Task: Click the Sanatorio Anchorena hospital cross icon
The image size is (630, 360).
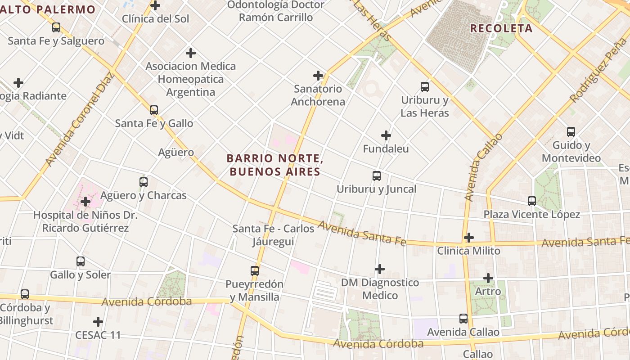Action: pyautogui.click(x=318, y=76)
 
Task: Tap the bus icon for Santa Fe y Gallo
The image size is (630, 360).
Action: pyautogui.click(x=154, y=110)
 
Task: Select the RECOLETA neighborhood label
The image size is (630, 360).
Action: pyautogui.click(x=501, y=28)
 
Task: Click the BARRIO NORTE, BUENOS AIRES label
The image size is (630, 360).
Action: pyautogui.click(x=275, y=165)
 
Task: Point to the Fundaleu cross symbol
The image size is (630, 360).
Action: pyautogui.click(x=386, y=135)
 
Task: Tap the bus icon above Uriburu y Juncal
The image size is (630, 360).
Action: pyautogui.click(x=377, y=176)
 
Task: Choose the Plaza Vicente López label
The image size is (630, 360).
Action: pyautogui.click(x=531, y=214)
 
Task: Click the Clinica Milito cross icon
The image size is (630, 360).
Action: pyautogui.click(x=469, y=237)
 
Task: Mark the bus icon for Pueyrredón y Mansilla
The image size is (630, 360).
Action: pyautogui.click(x=255, y=271)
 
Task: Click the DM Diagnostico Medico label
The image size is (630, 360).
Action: pyautogui.click(x=380, y=289)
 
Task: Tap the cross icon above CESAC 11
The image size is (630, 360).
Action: pyautogui.click(x=98, y=322)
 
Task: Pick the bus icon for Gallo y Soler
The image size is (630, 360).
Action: pyautogui.click(x=81, y=261)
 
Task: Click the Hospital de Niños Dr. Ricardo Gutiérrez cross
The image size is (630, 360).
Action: pyautogui.click(x=85, y=202)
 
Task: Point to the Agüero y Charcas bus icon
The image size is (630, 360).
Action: pyautogui.click(x=144, y=182)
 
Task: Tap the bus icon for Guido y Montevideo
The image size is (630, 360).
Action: pyautogui.click(x=571, y=132)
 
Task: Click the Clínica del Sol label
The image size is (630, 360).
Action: pyautogui.click(x=156, y=19)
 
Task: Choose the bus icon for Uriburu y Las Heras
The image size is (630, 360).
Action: pyautogui.click(x=425, y=87)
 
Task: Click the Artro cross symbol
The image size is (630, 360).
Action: pyautogui.click(x=488, y=278)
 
